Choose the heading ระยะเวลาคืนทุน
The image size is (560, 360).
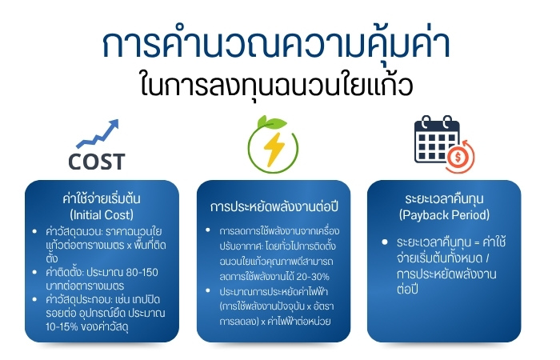(x=444, y=199)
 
